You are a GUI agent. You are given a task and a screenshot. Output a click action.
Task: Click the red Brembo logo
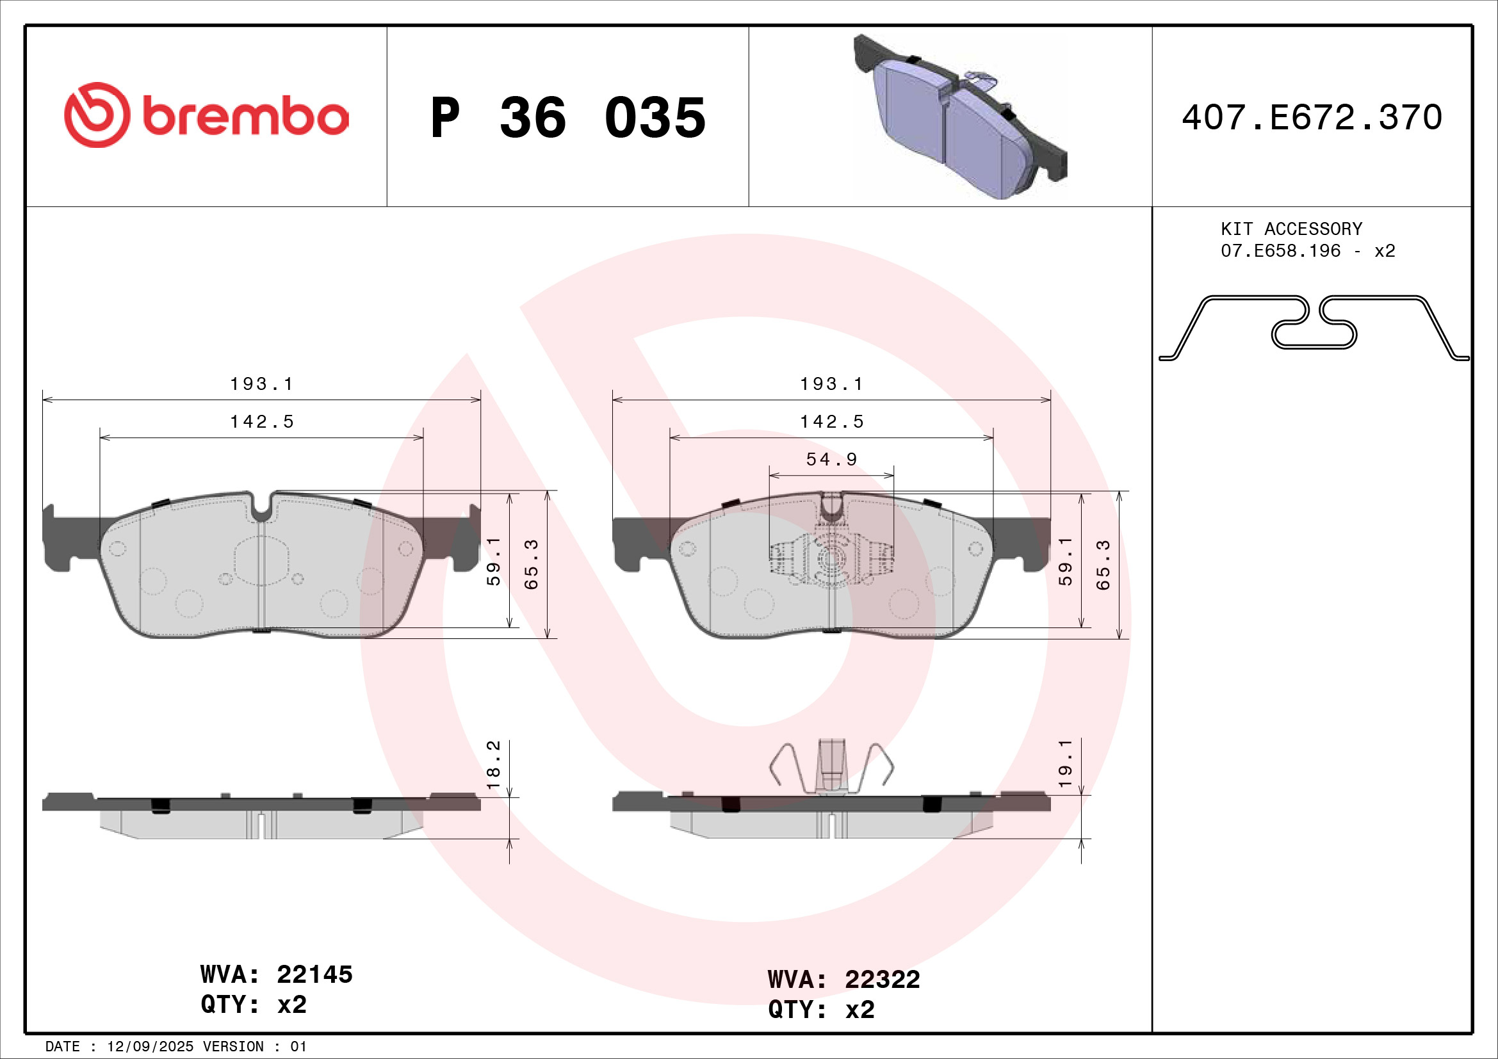(x=206, y=115)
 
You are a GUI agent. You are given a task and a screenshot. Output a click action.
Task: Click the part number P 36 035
(x=567, y=118)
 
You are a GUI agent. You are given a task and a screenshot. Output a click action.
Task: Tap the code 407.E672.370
(x=1312, y=117)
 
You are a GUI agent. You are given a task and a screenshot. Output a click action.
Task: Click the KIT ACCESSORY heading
(x=1291, y=229)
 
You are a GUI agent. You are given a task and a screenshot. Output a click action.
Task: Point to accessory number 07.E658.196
(x=1280, y=251)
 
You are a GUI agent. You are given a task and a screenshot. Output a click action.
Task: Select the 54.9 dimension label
(x=832, y=460)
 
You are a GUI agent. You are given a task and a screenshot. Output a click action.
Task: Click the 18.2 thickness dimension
(x=494, y=764)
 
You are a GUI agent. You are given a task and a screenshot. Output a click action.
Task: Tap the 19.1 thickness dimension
(x=1065, y=763)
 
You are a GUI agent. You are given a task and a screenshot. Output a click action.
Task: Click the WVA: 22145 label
(x=276, y=974)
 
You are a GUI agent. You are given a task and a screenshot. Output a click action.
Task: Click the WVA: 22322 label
(x=843, y=980)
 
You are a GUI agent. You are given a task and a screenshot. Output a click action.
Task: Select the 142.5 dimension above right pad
(x=832, y=422)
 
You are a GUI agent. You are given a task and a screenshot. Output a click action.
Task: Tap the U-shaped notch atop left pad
(x=262, y=507)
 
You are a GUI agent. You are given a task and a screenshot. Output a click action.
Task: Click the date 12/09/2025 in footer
(x=150, y=1047)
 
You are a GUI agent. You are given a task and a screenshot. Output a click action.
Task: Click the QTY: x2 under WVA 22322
(x=821, y=1010)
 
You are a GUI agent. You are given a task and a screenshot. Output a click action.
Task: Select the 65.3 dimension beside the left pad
(x=532, y=565)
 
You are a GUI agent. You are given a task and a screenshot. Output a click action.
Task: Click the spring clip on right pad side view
(x=831, y=768)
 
